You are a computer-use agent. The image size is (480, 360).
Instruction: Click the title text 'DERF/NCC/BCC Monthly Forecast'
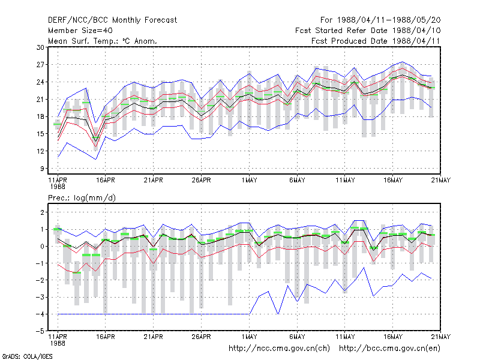(112, 20)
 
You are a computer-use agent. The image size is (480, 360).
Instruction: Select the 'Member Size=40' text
(80, 31)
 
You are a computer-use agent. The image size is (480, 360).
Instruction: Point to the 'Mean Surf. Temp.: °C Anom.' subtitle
(102, 41)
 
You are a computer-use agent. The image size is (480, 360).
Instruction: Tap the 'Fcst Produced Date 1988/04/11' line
(376, 41)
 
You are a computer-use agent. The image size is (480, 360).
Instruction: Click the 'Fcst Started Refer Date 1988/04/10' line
(368, 31)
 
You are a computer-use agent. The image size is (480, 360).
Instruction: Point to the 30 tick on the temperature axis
(40, 47)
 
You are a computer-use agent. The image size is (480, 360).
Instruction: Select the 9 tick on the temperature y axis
(42, 169)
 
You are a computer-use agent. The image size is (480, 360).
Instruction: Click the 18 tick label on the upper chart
(40, 116)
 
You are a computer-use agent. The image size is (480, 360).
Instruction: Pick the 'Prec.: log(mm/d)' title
(82, 198)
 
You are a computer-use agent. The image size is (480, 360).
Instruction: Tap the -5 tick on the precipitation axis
(40, 331)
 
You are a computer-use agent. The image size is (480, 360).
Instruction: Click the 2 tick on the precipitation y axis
(42, 212)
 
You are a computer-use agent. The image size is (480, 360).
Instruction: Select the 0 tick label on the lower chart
(42, 247)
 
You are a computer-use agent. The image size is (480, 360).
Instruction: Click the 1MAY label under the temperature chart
(249, 181)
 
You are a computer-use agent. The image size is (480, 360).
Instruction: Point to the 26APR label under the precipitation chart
(201, 337)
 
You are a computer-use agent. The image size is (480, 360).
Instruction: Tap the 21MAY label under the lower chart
(441, 337)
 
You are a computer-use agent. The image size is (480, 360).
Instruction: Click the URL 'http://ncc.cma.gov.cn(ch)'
(279, 349)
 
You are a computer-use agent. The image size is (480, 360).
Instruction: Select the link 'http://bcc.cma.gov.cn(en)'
(389, 349)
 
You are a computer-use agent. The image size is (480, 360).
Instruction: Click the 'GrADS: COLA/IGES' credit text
(27, 356)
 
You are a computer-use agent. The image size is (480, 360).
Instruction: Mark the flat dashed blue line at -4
(154, 314)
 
